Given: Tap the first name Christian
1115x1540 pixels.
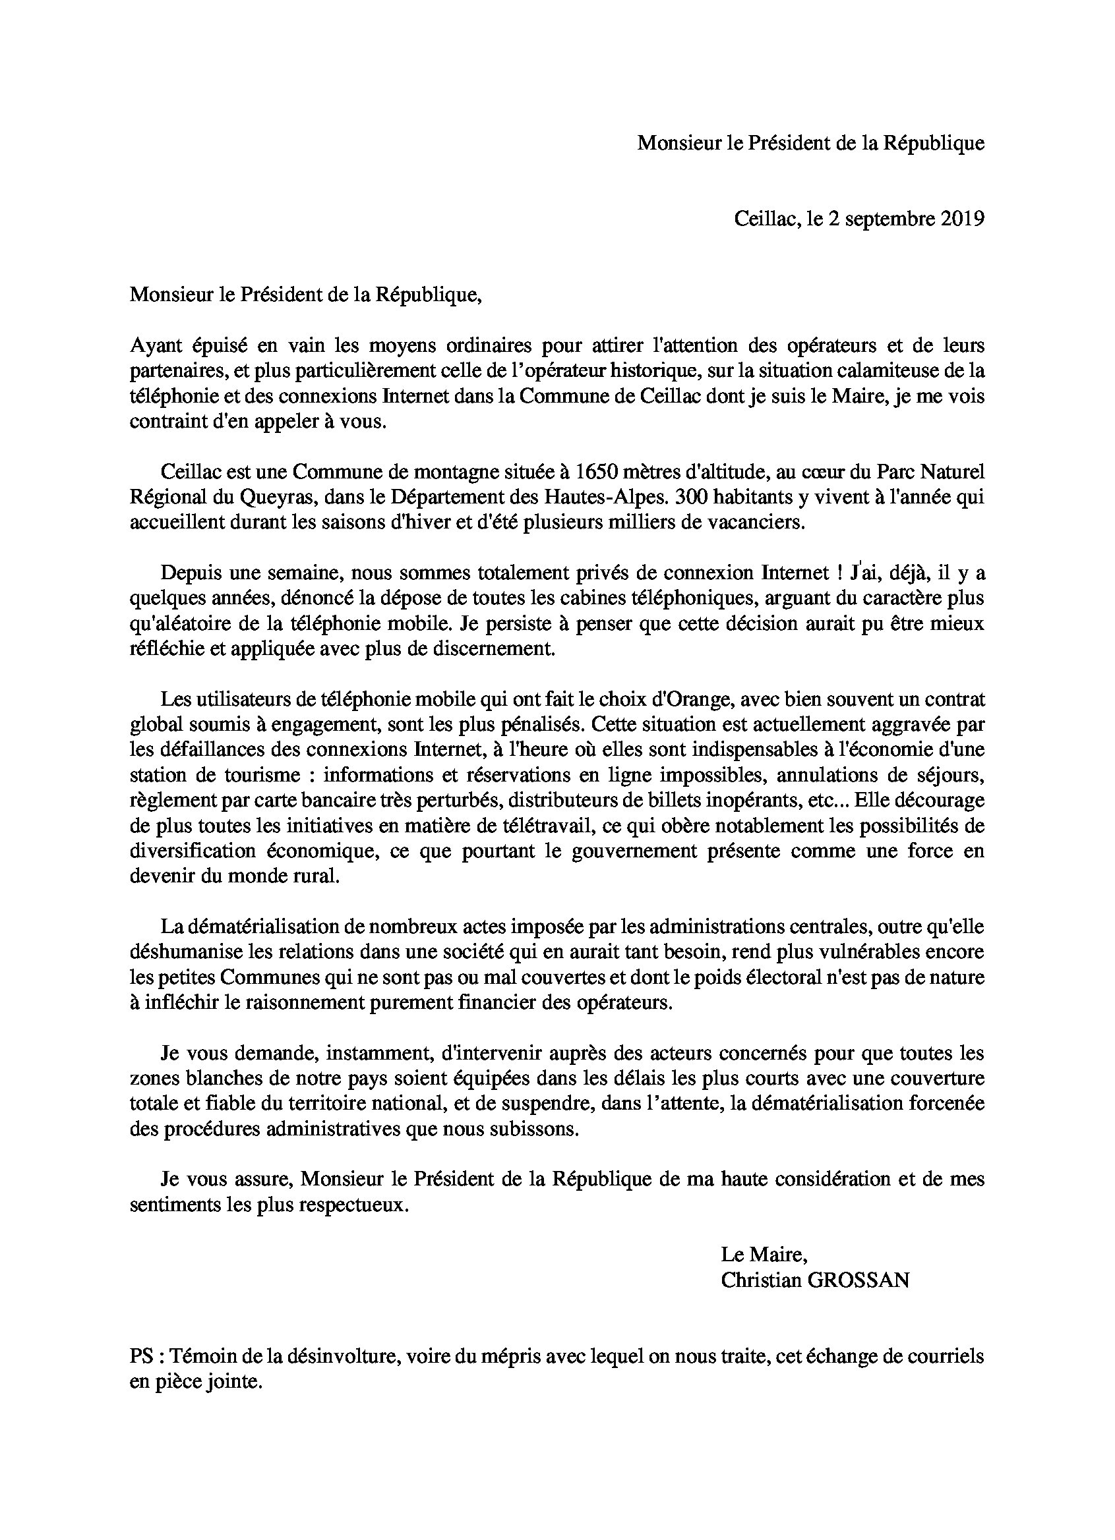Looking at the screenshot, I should point(760,1280).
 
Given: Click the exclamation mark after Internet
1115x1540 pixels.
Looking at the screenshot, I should point(843,573).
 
